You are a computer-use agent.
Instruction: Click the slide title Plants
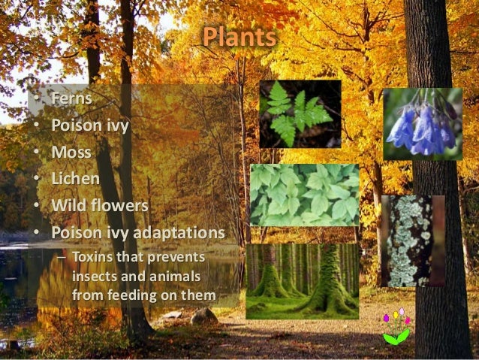coord(239,37)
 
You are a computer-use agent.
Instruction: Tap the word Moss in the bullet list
coord(72,152)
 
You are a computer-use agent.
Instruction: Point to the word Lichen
coord(76,178)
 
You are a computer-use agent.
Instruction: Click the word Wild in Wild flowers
coord(68,204)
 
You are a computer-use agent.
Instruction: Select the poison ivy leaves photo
coord(304,195)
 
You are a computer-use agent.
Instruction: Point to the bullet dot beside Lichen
coord(35,179)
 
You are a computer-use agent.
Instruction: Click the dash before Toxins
coord(62,259)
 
